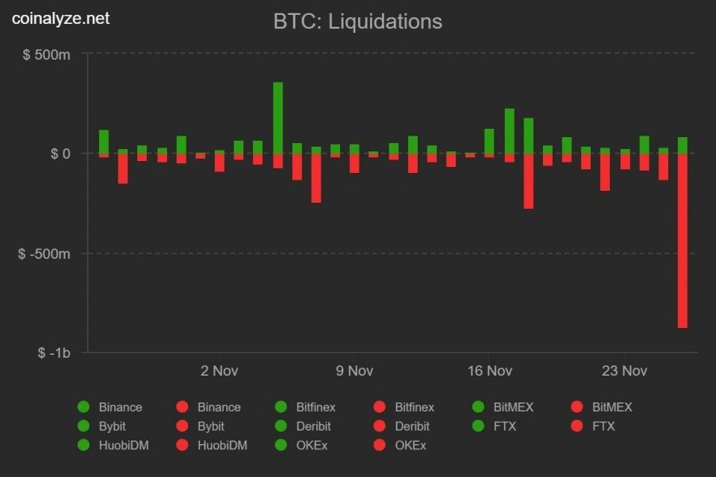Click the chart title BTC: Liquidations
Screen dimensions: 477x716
tap(357, 22)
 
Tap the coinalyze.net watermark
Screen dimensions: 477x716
tap(60, 18)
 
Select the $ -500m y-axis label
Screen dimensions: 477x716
tap(44, 253)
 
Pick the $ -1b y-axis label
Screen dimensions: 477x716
tap(54, 353)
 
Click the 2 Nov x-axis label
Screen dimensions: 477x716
tap(219, 370)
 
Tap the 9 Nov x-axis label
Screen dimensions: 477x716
tap(354, 370)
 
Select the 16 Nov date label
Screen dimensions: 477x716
tap(489, 370)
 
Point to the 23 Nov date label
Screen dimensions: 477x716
tap(624, 370)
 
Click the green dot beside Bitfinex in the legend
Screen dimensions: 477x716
tap(281, 407)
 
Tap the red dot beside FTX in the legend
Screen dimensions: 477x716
tap(577, 426)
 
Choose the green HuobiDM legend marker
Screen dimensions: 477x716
tap(84, 446)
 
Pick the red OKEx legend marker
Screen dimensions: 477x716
tap(380, 446)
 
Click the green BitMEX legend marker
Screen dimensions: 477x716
tap(478, 407)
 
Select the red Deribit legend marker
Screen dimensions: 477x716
tap(380, 426)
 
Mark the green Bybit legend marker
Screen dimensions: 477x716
tap(84, 426)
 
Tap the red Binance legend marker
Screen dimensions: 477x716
tap(182, 407)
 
